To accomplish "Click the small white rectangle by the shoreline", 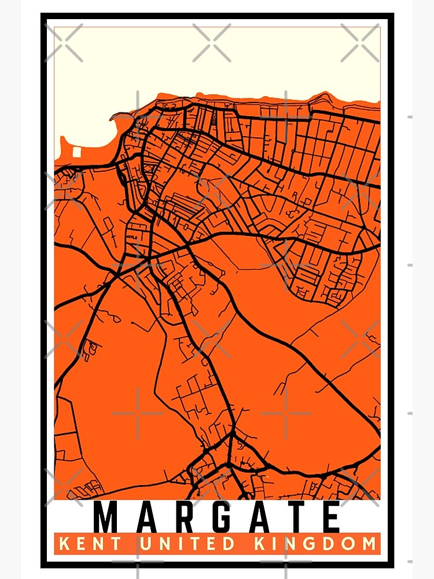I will coord(77,152).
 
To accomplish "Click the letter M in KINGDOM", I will coord(368,544).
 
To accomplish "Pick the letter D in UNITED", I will coord(230,544).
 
